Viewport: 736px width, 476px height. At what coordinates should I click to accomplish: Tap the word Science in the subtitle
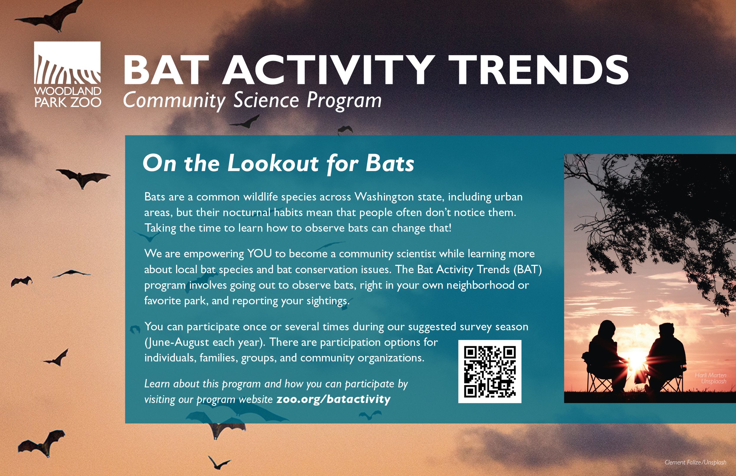(x=266, y=100)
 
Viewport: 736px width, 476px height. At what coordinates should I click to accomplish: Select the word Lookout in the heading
(x=273, y=163)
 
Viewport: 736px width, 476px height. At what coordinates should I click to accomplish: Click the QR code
(x=490, y=372)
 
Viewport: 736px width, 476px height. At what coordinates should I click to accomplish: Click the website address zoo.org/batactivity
(x=333, y=399)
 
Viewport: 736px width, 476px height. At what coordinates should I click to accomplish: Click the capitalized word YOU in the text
(x=259, y=254)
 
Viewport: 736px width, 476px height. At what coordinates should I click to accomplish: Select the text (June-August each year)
(x=204, y=342)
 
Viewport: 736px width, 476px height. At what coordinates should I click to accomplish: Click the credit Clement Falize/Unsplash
(x=695, y=462)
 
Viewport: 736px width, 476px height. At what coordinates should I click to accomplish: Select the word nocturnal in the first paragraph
(x=246, y=213)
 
